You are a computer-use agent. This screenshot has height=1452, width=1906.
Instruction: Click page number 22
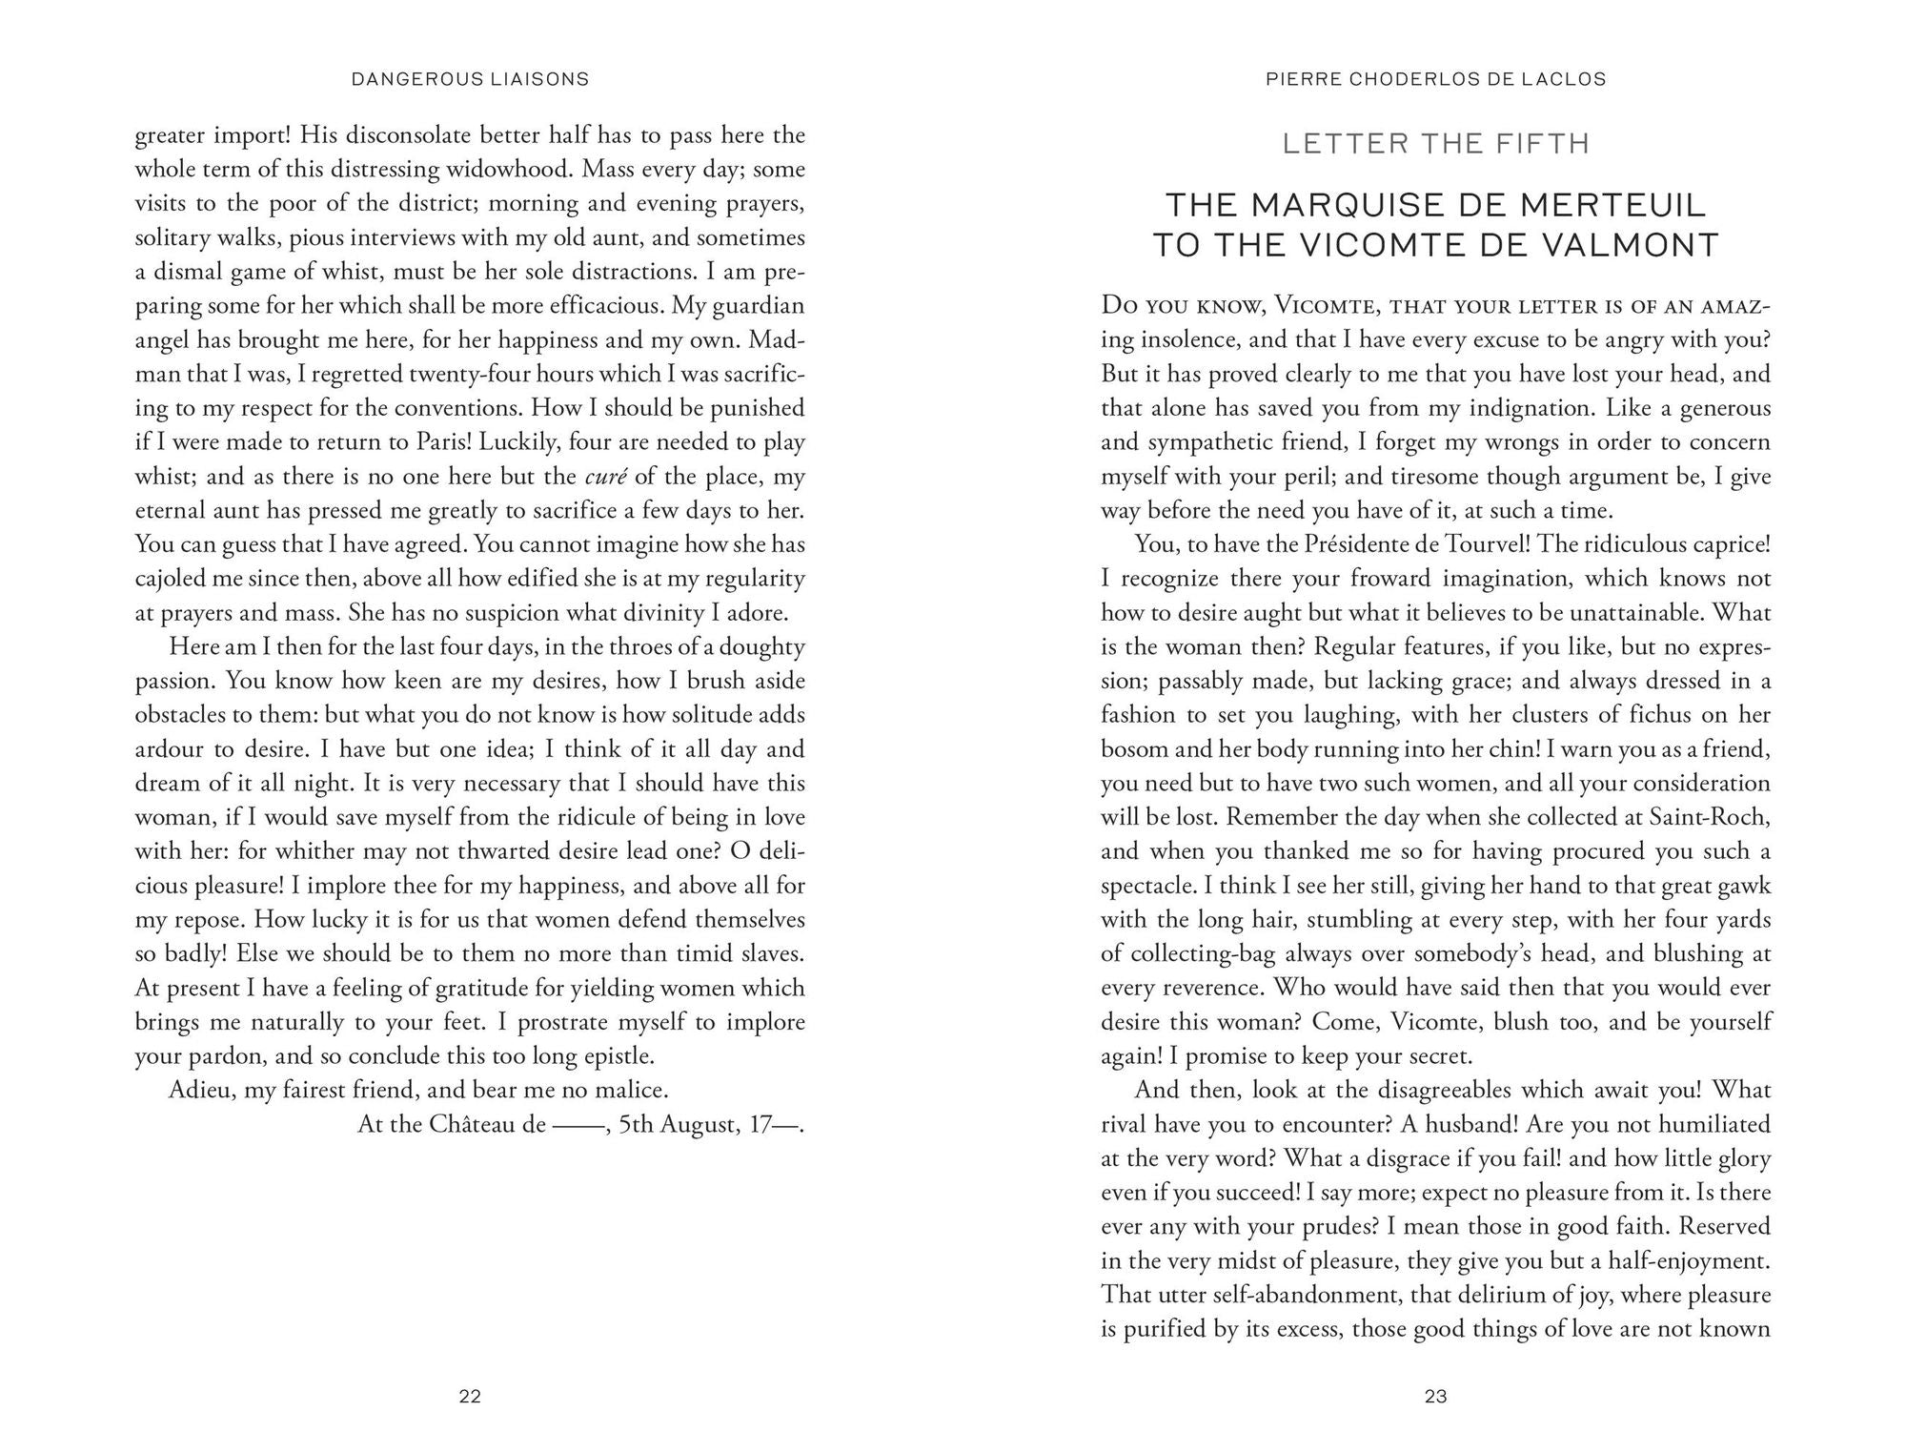[x=470, y=1397]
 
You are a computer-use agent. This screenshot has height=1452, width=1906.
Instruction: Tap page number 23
[x=1435, y=1397]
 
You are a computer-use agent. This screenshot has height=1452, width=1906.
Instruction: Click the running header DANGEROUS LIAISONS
[x=470, y=79]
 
